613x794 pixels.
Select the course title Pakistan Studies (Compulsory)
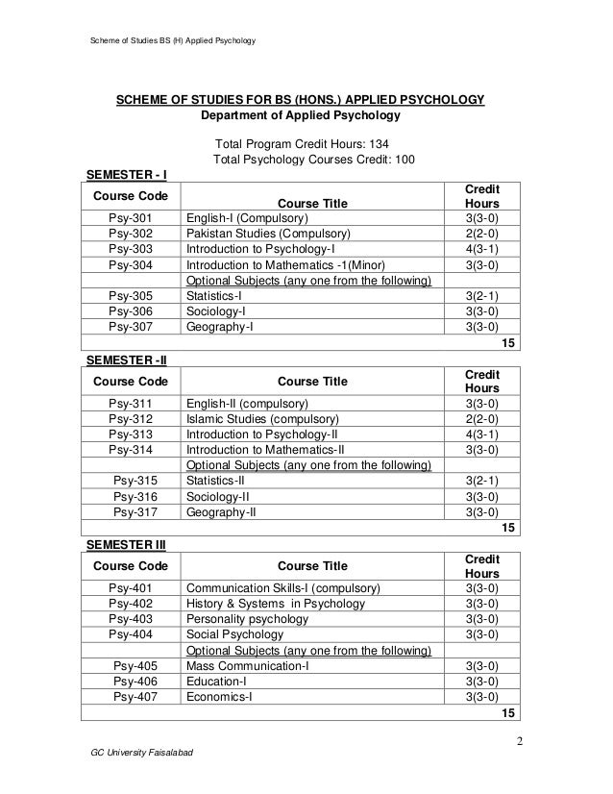pyautogui.click(x=268, y=233)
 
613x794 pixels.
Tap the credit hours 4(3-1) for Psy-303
pyautogui.click(x=480, y=248)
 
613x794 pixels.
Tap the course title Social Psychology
pyautogui.click(x=234, y=634)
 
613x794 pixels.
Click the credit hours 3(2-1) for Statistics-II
pyautogui.click(x=480, y=482)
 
